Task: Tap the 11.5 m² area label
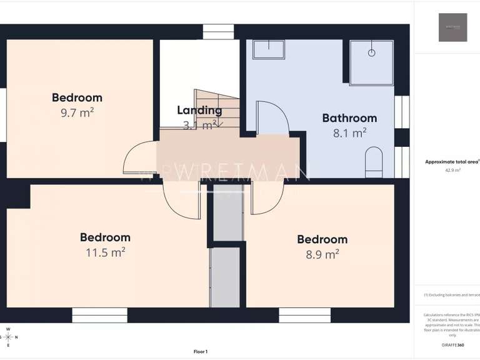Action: [105, 252]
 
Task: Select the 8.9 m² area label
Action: [322, 254]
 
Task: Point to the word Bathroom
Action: [349, 118]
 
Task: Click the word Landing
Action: [199, 111]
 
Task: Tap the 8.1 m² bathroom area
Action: [349, 133]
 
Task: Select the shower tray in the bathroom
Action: [371, 62]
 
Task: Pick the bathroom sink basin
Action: [268, 49]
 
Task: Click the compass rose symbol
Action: [8, 337]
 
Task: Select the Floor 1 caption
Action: [201, 352]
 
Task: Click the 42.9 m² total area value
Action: [452, 170]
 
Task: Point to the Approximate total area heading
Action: [452, 162]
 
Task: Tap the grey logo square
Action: [452, 27]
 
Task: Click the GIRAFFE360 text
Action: [452, 345]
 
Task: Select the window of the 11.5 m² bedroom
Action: [99, 316]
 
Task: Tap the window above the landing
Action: [218, 31]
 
